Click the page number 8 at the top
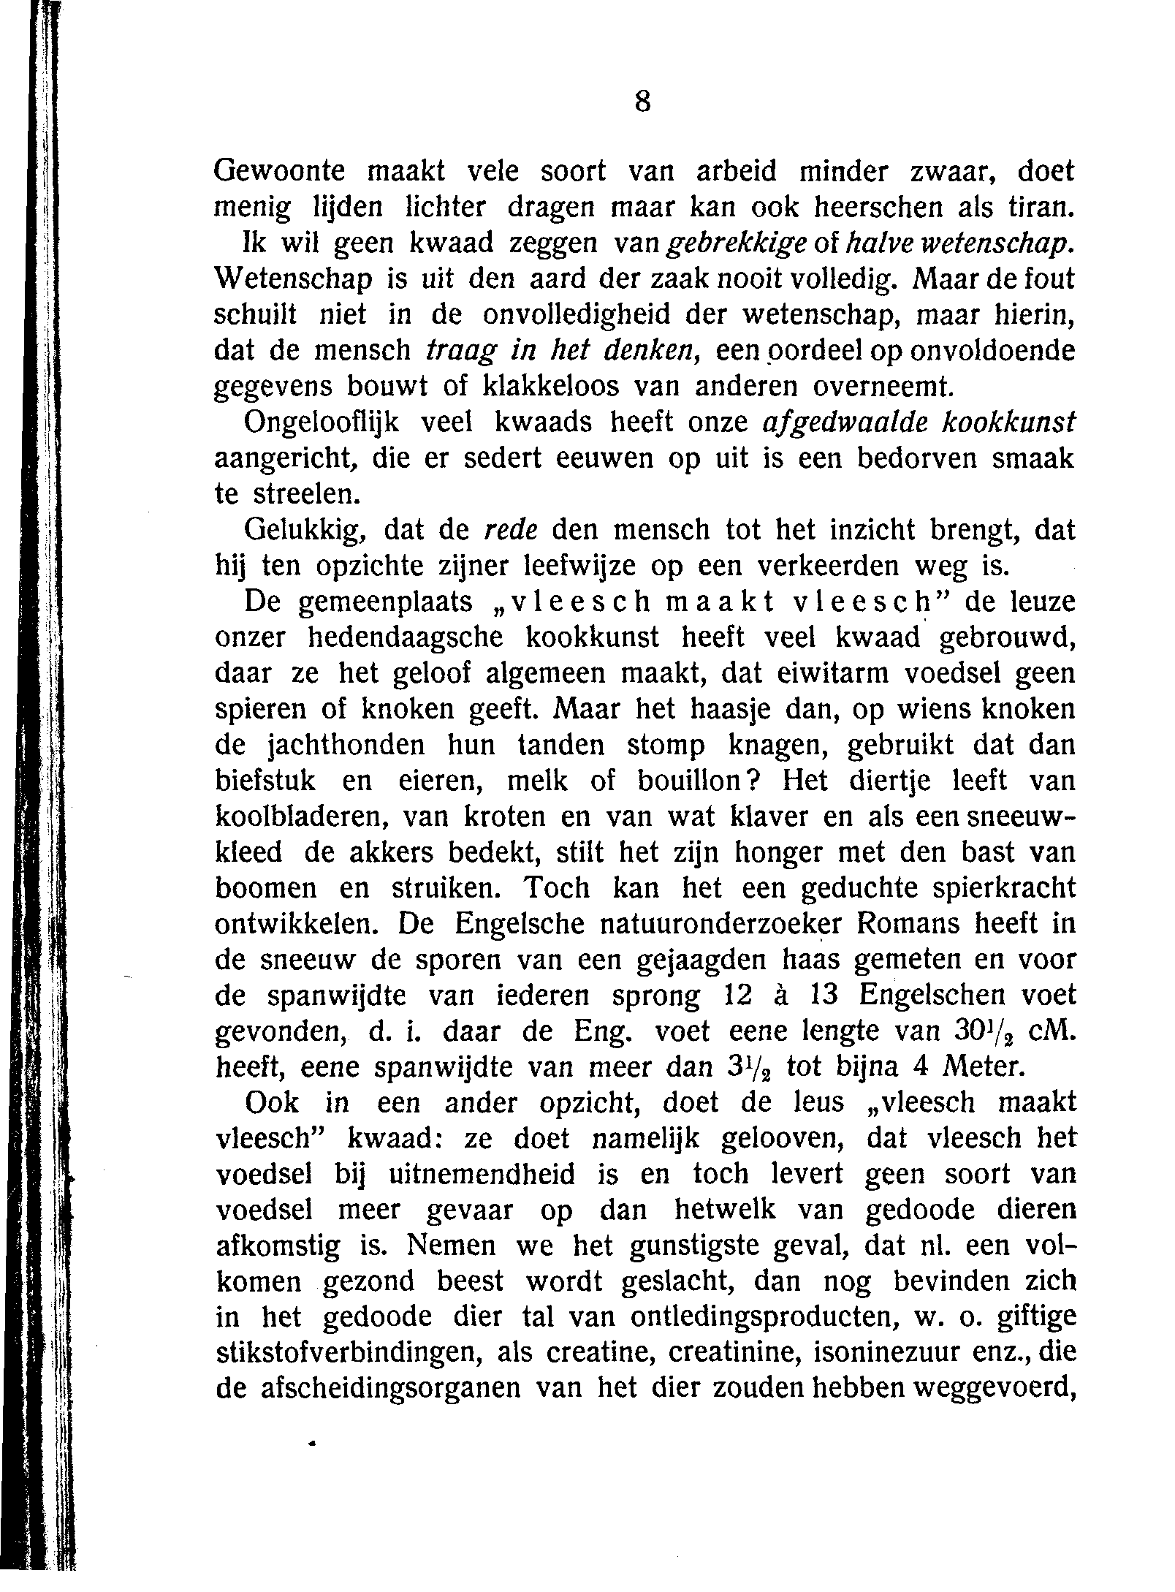642,103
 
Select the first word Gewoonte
279,172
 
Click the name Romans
907,924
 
